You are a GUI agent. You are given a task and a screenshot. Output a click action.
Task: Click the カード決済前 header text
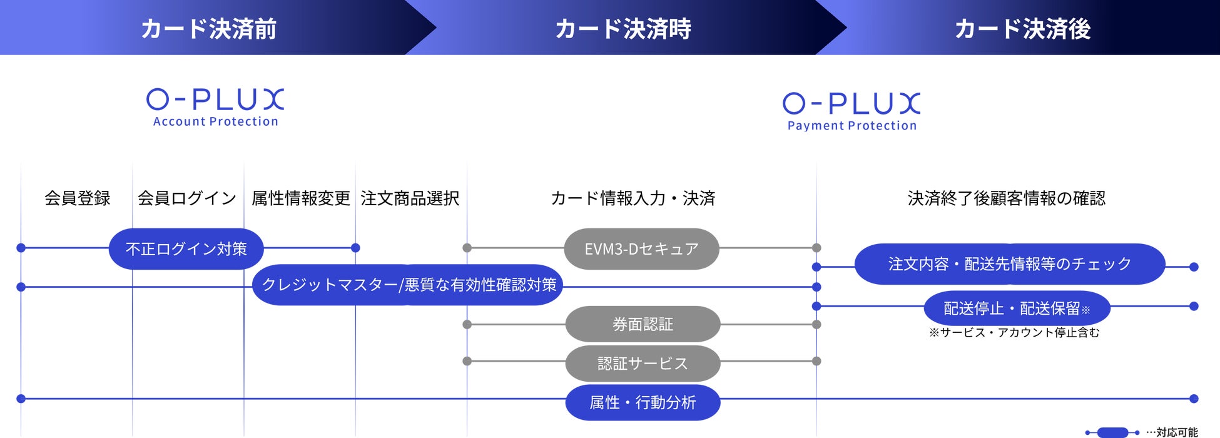tap(209, 29)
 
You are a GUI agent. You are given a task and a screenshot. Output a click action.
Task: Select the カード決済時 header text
tap(623, 29)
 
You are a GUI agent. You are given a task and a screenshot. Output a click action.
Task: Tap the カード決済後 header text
tap(1023, 29)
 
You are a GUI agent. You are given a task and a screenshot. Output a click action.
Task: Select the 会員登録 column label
tap(78, 198)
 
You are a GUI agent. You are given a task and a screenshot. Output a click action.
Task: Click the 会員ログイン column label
tap(187, 198)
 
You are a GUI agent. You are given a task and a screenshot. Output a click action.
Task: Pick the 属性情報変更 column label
tap(301, 198)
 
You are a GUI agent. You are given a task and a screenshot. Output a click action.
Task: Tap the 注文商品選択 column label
tap(410, 198)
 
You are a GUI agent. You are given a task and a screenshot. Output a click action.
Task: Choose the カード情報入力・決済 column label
tap(633, 198)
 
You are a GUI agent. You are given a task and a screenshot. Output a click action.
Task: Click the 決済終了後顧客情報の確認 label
tap(1007, 198)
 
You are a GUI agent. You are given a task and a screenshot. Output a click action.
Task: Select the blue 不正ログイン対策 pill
tap(186, 249)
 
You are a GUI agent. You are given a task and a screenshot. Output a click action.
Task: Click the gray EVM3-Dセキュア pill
tap(641, 249)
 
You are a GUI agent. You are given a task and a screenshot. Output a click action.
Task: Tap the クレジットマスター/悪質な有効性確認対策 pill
tap(409, 285)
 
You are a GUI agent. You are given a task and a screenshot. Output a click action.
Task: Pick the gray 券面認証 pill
tap(643, 324)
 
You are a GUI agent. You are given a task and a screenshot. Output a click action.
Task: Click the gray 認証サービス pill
tap(643, 364)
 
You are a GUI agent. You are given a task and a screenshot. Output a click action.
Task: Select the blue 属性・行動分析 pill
tap(643, 402)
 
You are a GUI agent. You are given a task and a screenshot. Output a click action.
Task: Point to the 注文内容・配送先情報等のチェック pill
tap(1010, 264)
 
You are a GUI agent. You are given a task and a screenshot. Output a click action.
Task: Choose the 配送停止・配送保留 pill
tap(1017, 308)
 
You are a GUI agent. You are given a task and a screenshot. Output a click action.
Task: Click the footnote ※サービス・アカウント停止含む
tap(1014, 333)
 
